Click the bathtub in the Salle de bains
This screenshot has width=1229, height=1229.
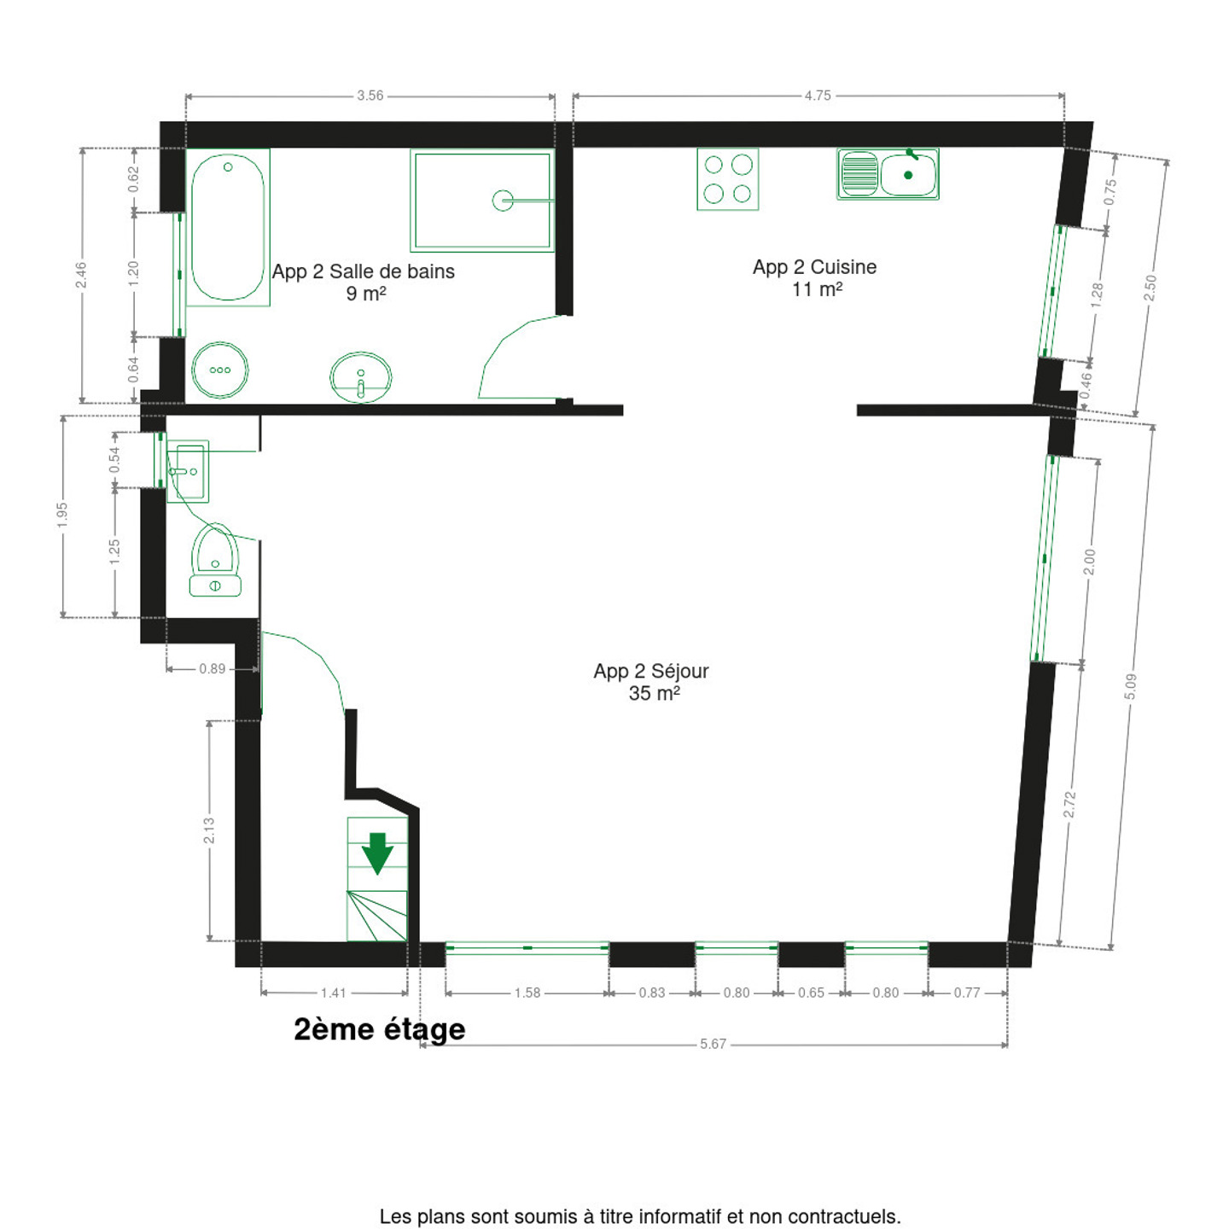[228, 227]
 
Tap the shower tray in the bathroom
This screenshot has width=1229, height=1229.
[482, 201]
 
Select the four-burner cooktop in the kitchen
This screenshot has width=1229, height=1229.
[728, 178]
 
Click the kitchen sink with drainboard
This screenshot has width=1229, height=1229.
[888, 174]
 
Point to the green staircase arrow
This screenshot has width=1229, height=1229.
[377, 853]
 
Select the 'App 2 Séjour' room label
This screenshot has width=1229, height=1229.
[651, 671]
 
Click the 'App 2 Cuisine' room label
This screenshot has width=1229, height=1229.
[814, 266]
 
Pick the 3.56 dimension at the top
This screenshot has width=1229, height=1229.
[370, 96]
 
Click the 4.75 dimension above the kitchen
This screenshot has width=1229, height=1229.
[818, 96]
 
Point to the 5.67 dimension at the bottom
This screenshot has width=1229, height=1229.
[713, 1044]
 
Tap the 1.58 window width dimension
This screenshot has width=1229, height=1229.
[527, 993]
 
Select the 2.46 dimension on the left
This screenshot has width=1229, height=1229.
[82, 275]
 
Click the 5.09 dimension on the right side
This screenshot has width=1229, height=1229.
[1131, 686]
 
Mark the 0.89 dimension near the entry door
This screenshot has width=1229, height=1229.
[213, 669]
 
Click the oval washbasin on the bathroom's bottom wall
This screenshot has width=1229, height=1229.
[360, 377]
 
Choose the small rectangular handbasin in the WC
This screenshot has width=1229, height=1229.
[188, 471]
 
